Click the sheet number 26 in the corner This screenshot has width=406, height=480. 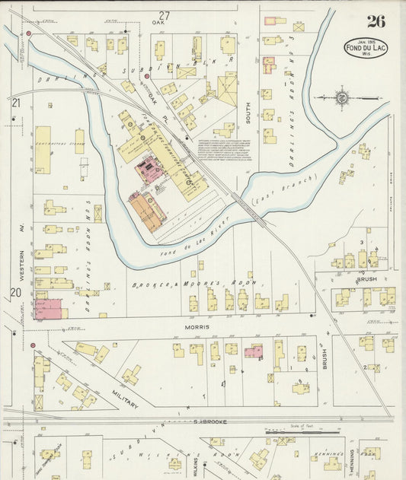coord(376,21)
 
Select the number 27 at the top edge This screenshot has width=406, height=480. coord(164,15)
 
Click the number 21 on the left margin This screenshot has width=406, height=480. coord(15,103)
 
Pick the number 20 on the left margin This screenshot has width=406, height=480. coord(15,293)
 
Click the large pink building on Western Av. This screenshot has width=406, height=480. coord(48,308)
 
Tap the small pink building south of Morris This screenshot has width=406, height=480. coord(254,351)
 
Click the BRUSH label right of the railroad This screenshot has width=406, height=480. coord(366,278)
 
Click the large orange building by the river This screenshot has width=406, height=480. coord(145,211)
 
